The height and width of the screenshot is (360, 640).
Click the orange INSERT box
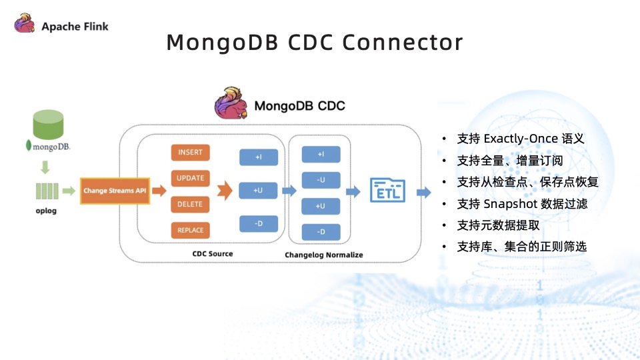(x=190, y=153)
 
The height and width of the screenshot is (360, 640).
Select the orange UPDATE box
(x=190, y=179)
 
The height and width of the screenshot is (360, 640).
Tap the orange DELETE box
(x=190, y=205)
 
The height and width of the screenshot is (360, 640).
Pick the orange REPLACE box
(x=190, y=231)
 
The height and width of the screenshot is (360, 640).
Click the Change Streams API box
(x=115, y=191)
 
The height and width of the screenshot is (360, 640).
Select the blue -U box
(x=321, y=180)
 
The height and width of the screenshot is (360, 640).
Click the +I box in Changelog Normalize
(x=321, y=155)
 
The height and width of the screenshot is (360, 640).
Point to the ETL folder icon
(x=387, y=190)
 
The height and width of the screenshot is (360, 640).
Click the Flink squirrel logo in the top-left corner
(x=26, y=26)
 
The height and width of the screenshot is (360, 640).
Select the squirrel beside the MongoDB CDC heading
(x=231, y=103)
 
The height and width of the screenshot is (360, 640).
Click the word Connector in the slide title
(x=402, y=43)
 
